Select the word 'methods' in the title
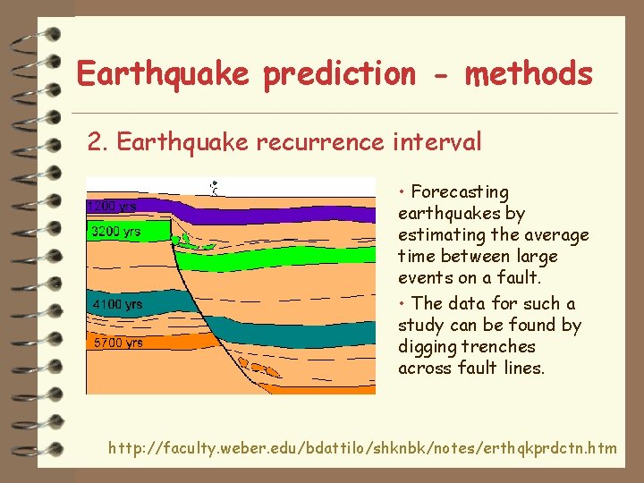tap(528, 73)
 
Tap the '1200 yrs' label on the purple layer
tap(112, 207)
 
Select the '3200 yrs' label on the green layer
tap(115, 233)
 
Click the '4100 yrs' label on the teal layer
tap(116, 305)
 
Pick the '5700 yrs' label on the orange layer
tap(116, 343)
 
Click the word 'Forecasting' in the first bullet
tap(460, 192)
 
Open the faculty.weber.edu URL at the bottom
tap(362, 447)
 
